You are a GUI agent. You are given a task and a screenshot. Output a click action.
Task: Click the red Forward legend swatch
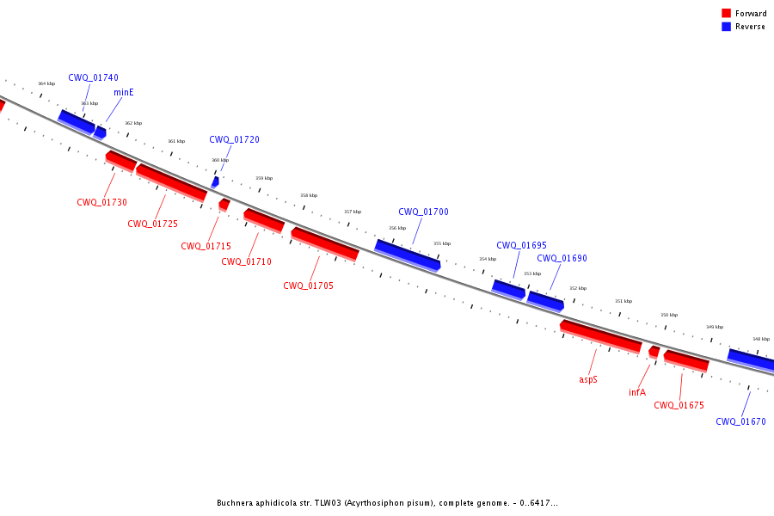point(726,14)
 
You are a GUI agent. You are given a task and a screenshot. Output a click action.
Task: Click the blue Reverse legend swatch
point(726,27)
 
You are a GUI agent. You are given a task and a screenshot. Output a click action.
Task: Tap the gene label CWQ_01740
point(93,77)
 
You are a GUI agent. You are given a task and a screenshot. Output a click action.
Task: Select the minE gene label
point(123,92)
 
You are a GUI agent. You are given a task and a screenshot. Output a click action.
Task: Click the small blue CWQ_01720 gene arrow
point(215,182)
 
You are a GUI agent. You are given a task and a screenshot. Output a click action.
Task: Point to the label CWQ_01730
point(101,202)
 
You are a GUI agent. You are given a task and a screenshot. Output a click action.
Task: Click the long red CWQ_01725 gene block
point(171,182)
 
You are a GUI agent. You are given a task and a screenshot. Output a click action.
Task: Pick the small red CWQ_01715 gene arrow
point(224,205)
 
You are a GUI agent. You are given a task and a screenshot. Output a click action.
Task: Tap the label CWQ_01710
point(246,261)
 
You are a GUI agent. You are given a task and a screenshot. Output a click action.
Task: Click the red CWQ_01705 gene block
point(325,244)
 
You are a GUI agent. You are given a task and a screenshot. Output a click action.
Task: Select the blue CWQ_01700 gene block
point(408,255)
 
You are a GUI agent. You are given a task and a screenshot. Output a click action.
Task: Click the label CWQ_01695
point(521,245)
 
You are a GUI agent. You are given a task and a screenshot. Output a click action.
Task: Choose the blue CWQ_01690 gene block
point(545,301)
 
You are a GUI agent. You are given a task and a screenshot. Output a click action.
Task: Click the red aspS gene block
point(601,337)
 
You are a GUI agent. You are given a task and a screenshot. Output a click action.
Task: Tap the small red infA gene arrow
point(654,352)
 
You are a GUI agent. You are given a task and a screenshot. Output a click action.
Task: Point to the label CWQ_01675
point(679,405)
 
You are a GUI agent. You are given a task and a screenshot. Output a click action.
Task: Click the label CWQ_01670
point(741,421)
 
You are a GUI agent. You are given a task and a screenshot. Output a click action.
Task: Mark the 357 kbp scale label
point(353,212)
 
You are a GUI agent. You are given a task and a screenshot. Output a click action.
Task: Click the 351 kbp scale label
point(623,301)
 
